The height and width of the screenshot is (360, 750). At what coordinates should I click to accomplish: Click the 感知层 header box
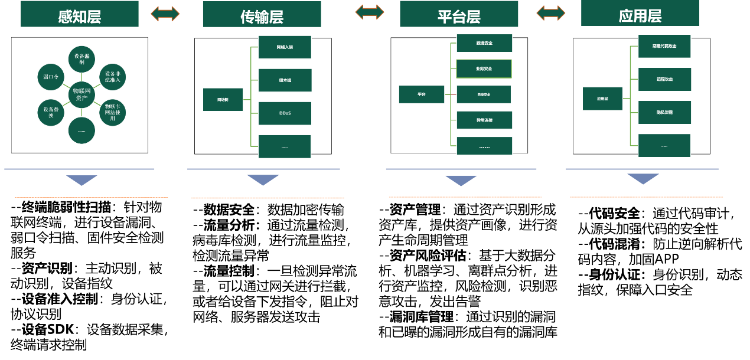coord(80,14)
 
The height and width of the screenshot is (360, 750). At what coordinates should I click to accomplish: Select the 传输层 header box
coord(262,14)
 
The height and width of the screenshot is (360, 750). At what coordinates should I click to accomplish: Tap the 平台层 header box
coord(459,14)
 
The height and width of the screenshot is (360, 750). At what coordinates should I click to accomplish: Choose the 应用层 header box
coord(640,13)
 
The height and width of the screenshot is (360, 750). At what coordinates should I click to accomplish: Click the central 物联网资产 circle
coord(81,94)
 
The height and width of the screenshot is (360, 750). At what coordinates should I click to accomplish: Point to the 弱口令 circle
coord(51,77)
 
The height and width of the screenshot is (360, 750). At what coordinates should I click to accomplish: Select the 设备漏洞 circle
coord(81,59)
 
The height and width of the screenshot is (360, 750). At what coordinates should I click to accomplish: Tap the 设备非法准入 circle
coord(112,77)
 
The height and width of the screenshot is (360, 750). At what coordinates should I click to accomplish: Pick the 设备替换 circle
coord(51,113)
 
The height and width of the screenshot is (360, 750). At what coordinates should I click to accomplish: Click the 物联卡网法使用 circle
coord(112,113)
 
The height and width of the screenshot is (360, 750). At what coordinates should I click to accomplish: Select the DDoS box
coord(285,113)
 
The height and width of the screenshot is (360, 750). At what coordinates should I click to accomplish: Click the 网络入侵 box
coord(285,47)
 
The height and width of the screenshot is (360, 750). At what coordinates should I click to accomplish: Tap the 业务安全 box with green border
coord(484,68)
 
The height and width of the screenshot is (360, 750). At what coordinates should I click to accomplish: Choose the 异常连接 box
coord(484,120)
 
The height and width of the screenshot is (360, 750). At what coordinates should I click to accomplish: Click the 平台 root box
coord(421,94)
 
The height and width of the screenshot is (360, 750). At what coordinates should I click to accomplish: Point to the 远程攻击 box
coord(664,79)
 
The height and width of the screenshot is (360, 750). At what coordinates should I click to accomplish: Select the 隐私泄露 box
coord(664,112)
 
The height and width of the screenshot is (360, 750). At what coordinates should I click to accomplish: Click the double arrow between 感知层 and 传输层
coord(165,14)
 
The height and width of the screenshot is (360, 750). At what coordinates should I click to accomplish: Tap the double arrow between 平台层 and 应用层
coord(550,12)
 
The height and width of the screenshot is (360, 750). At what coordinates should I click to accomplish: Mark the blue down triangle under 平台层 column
coord(461,180)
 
